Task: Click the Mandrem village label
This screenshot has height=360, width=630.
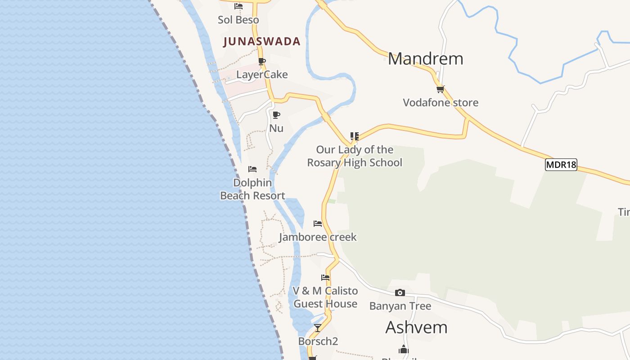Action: click(425, 59)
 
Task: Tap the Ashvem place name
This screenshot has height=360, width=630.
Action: click(416, 327)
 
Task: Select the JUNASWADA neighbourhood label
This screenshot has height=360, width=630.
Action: click(262, 41)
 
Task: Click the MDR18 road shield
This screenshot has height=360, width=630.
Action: click(561, 165)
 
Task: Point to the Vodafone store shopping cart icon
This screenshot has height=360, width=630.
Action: click(440, 89)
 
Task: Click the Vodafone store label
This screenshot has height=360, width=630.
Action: click(440, 103)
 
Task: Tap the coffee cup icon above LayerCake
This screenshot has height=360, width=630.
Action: click(262, 61)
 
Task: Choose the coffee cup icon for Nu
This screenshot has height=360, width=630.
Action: click(276, 115)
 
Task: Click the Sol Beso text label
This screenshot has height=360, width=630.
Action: click(238, 20)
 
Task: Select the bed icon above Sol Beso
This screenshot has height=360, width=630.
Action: click(238, 6)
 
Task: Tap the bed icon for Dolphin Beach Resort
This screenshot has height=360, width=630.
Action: click(252, 169)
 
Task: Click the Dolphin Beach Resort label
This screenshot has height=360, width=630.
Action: click(252, 189)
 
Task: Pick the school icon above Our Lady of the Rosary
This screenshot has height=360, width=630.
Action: click(355, 135)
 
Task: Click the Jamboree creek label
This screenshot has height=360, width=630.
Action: click(318, 237)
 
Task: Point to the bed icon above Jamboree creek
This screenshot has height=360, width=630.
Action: click(318, 224)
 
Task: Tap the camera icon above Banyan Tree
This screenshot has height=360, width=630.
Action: click(400, 293)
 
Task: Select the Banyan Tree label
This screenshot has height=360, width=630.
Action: click(400, 306)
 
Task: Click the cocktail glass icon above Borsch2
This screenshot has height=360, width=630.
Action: click(318, 328)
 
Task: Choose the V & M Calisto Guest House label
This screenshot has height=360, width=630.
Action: click(325, 297)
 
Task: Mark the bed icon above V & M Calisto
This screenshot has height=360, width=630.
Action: click(325, 277)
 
